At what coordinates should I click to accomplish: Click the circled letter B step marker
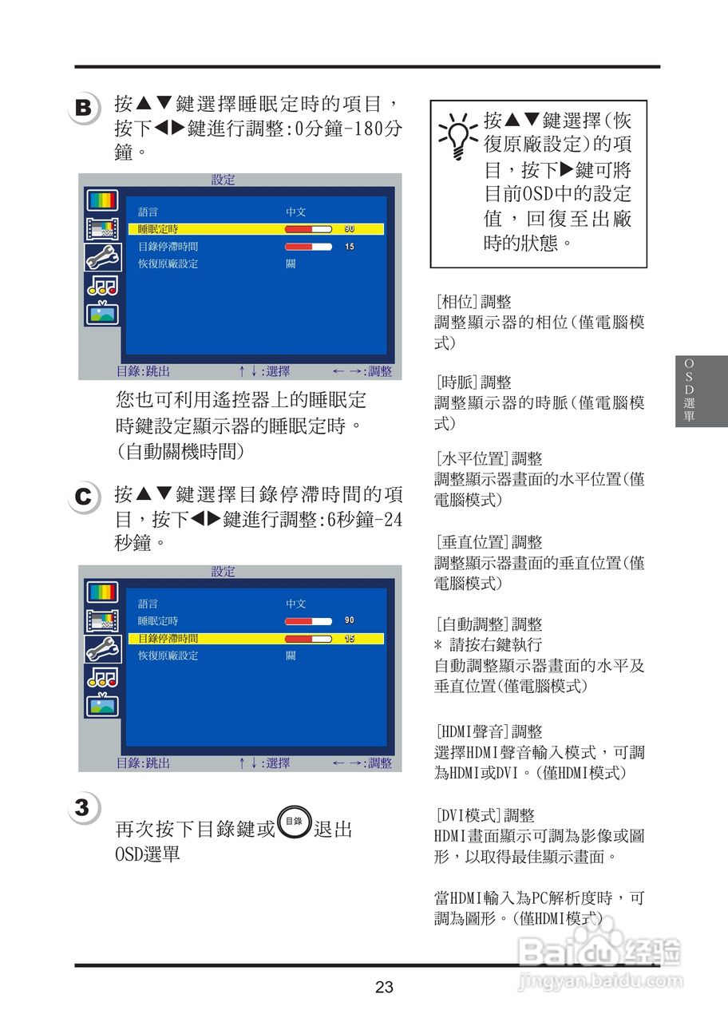pyautogui.click(x=84, y=109)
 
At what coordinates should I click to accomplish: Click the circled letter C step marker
pyautogui.click(x=84, y=497)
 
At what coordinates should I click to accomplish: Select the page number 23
pyautogui.click(x=384, y=987)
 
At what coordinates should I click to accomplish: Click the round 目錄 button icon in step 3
pyautogui.click(x=295, y=822)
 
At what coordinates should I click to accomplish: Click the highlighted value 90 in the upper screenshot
pyautogui.click(x=350, y=228)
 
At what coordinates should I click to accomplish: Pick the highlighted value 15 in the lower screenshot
pyautogui.click(x=350, y=638)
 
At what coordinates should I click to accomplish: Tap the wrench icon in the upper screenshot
pyautogui.click(x=103, y=258)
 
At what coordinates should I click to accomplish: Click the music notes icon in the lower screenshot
pyautogui.click(x=103, y=678)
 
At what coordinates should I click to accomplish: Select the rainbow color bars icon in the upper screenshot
pyautogui.click(x=102, y=200)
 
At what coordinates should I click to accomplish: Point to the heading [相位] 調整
pyautogui.click(x=474, y=302)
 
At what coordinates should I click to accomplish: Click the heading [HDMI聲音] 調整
pyautogui.click(x=489, y=731)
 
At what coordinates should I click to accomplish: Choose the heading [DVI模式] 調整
pyautogui.click(x=485, y=814)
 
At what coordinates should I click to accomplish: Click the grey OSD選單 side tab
pyautogui.click(x=701, y=391)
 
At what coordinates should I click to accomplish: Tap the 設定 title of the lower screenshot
pyautogui.click(x=223, y=571)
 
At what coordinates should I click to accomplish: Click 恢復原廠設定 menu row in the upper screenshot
pyautogui.click(x=168, y=263)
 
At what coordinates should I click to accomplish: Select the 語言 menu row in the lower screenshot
pyautogui.click(x=148, y=604)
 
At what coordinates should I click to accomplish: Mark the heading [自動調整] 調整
pyautogui.click(x=489, y=624)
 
